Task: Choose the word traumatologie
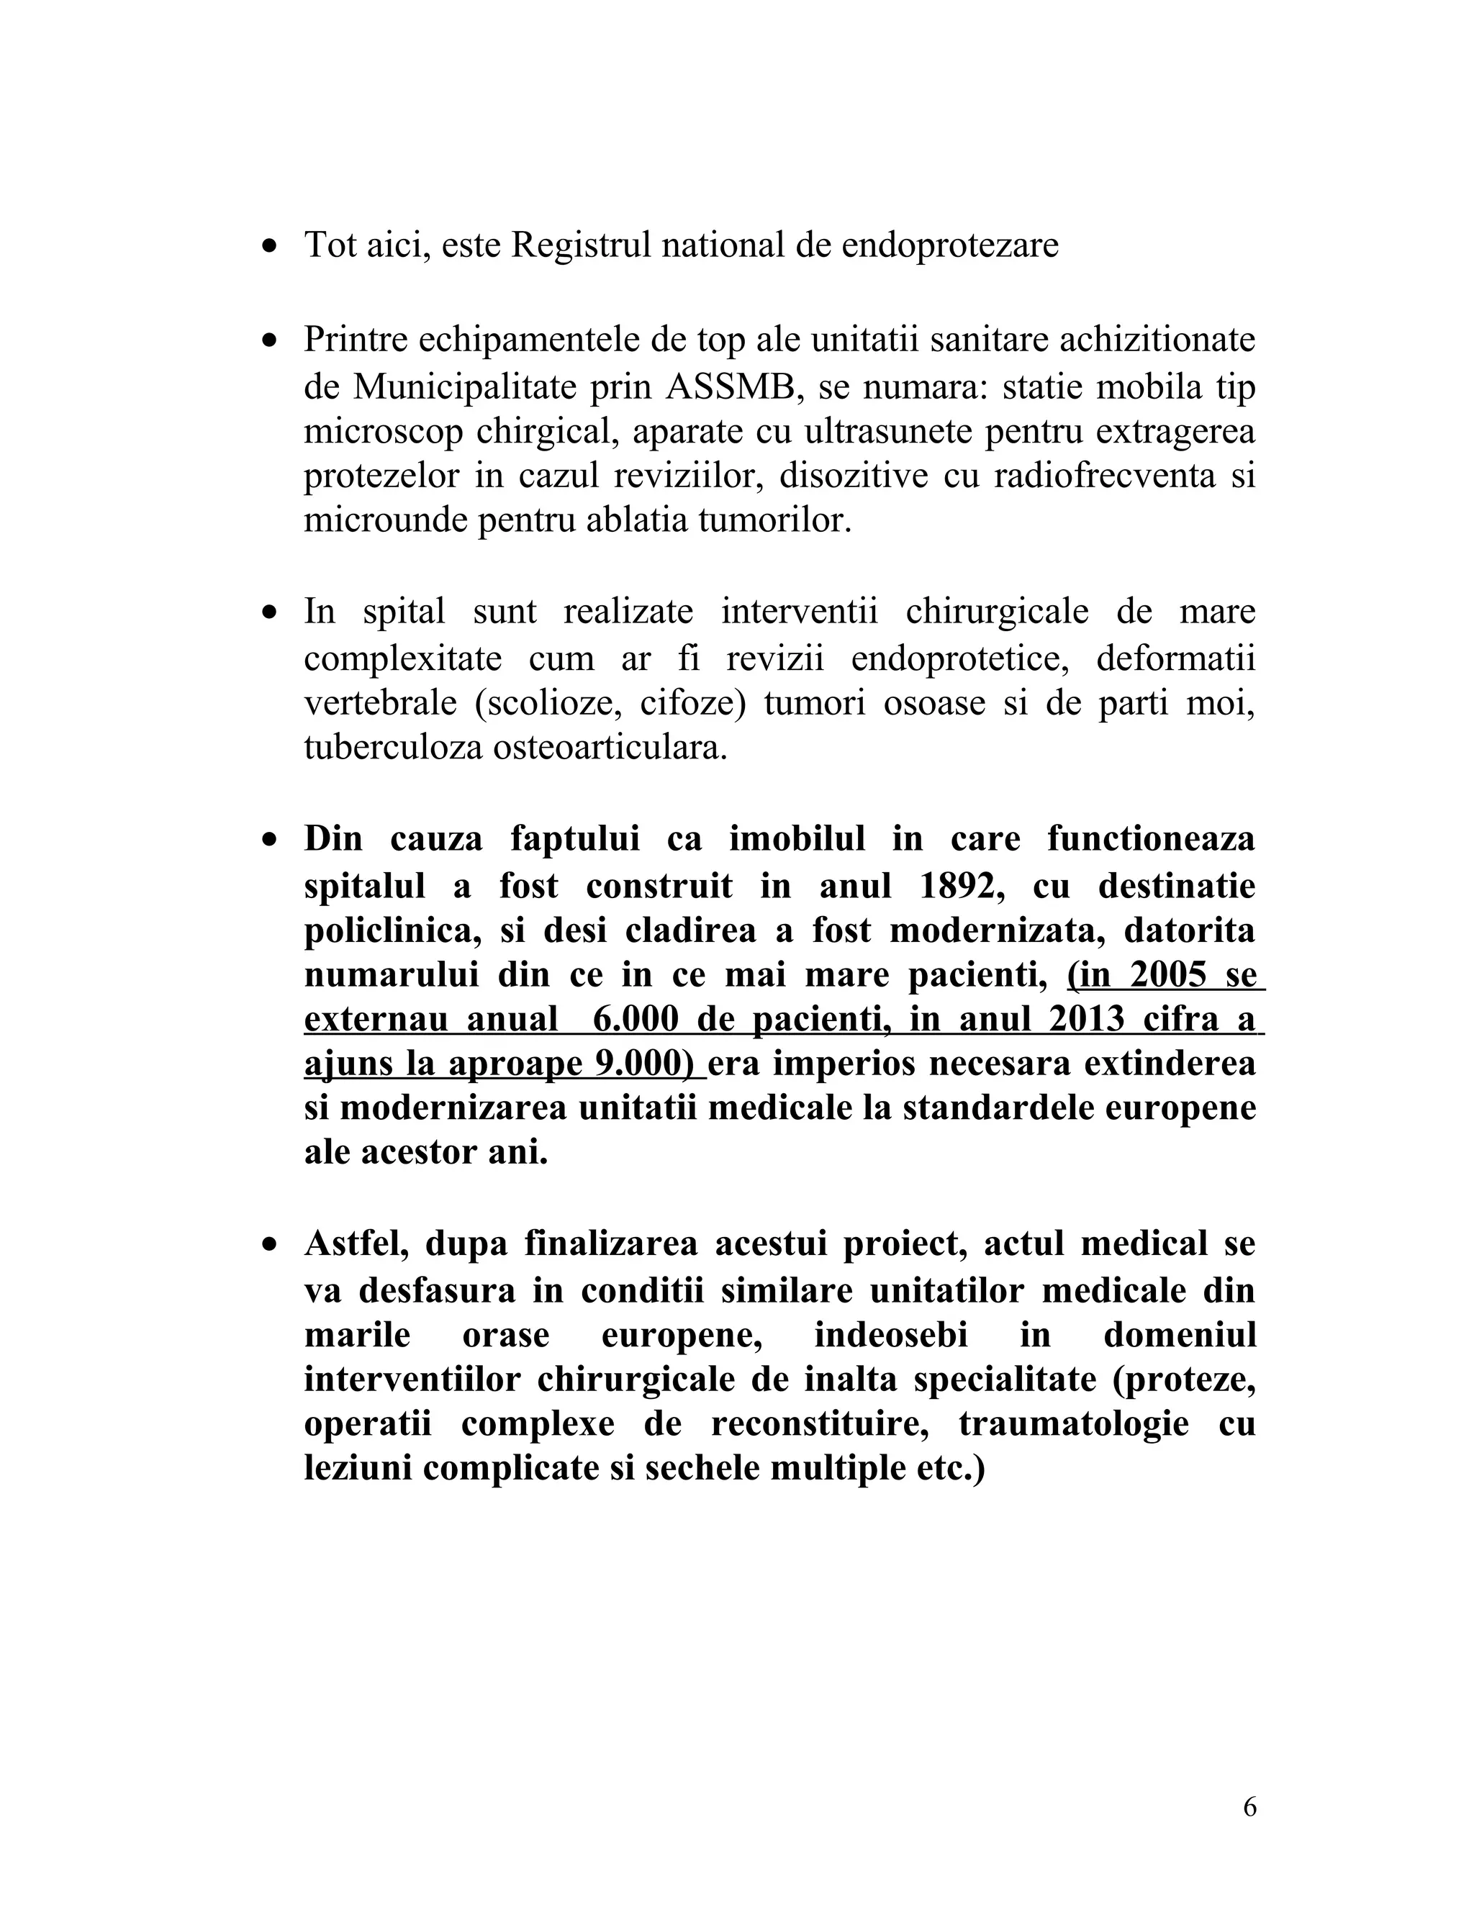(x=1073, y=1423)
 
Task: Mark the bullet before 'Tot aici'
(x=271, y=246)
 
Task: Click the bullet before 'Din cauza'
(x=271, y=840)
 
